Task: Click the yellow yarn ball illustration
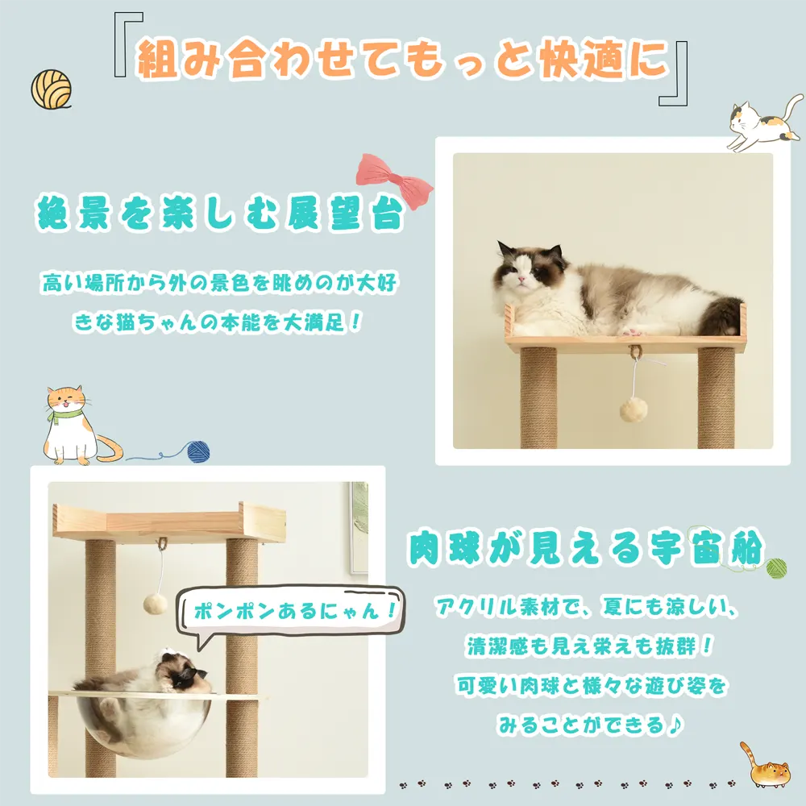coord(51,89)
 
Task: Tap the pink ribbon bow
coord(394,181)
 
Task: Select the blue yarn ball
coord(198,452)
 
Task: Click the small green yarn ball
coord(775,568)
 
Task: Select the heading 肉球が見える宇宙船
coord(587,548)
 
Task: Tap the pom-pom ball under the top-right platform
coord(634,409)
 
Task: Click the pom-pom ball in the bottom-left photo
coord(155,604)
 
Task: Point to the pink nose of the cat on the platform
coord(521,279)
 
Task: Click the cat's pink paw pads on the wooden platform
coord(632,332)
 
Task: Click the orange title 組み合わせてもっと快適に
coord(402,60)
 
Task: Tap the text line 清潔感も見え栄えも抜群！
coord(589,646)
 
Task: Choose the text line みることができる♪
coord(590,725)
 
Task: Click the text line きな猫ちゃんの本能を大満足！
coord(218,323)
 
